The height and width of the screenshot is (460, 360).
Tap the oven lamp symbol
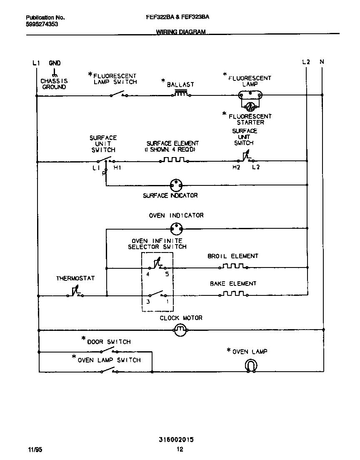click(250, 365)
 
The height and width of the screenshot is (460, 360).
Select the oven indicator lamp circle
click(177, 228)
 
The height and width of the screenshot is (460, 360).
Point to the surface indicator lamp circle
click(177, 184)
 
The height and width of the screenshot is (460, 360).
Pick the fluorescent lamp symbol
click(250, 96)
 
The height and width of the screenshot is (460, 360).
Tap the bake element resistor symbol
click(233, 294)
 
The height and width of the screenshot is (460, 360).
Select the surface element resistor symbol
click(174, 160)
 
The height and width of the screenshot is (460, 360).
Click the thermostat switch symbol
click(75, 293)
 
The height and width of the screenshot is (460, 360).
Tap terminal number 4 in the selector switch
click(147, 275)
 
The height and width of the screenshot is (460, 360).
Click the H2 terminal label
click(236, 167)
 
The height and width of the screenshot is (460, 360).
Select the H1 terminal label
click(117, 167)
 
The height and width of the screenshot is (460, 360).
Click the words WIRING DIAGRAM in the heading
click(181, 32)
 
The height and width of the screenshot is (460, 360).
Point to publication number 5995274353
click(42, 24)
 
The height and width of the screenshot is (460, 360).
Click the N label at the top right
click(322, 62)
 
